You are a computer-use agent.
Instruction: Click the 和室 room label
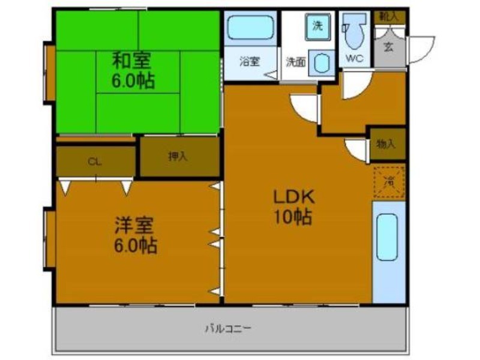pos(133,60)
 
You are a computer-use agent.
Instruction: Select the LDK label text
pos(294,197)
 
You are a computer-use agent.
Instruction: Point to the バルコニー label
pos(227,328)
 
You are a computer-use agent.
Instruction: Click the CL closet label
pos(94,161)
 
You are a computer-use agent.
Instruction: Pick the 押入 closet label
pos(178,157)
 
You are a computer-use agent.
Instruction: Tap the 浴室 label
pos(249,61)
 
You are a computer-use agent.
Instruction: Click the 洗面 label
pos(295,61)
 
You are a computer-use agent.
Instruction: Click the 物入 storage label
pos(386,143)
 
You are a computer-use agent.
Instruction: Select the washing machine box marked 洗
pos(319,26)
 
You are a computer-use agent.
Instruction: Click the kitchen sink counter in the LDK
pos(388,252)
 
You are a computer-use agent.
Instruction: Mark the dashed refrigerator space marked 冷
pos(389,182)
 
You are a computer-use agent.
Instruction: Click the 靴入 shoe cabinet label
pos(389,16)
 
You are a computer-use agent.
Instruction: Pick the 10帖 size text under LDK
pos(293,217)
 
